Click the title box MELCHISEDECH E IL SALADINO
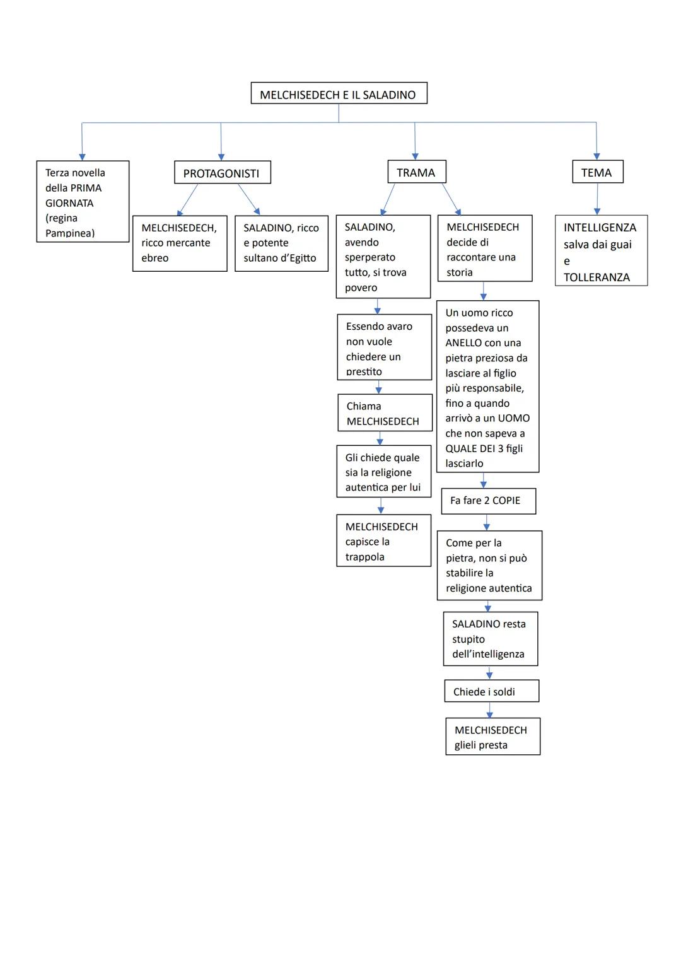pyautogui.click(x=339, y=93)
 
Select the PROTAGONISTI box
pyautogui.click(x=222, y=173)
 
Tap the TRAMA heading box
pyautogui.click(x=416, y=172)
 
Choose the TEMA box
pyautogui.click(x=597, y=172)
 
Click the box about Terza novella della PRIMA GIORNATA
pyautogui.click(x=83, y=202)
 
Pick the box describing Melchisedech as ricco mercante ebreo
pyautogui.click(x=180, y=243)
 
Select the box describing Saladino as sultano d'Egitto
pyautogui.click(x=281, y=243)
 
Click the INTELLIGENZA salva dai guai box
pyautogui.click(x=601, y=251)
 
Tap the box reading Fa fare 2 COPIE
pyautogui.click(x=488, y=501)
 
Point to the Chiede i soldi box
pyautogui.click(x=491, y=691)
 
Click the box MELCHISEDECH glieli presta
pyautogui.click(x=492, y=737)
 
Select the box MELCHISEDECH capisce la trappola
pyautogui.click(x=383, y=541)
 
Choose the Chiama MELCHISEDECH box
pyautogui.click(x=385, y=413)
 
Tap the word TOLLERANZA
pyautogui.click(x=597, y=277)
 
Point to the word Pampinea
pyautogui.click(x=70, y=233)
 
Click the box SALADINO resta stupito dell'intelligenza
pyautogui.click(x=490, y=639)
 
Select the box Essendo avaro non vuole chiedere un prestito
pyautogui.click(x=384, y=347)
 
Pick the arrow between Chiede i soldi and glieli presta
pyautogui.click(x=489, y=710)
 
